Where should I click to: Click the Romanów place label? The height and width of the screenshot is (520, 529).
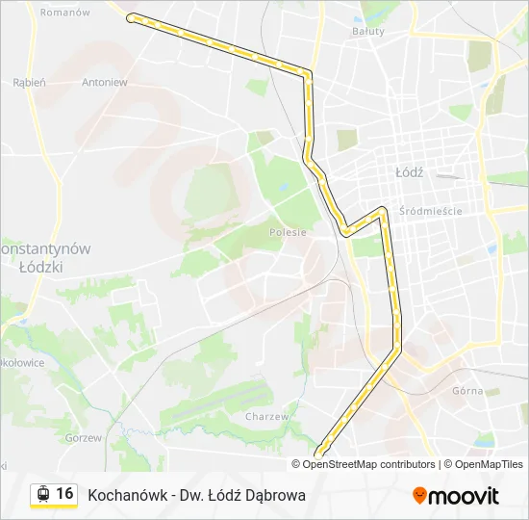pos(65,13)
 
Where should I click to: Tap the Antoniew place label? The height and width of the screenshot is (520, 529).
pos(105,82)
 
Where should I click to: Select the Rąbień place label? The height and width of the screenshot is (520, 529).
pos(29,82)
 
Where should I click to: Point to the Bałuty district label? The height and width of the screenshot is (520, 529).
pos(367,31)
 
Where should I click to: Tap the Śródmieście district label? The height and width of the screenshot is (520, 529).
pos(432,211)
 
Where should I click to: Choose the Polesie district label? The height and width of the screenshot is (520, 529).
pos(289,232)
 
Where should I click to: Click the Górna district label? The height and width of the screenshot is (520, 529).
pos(467,391)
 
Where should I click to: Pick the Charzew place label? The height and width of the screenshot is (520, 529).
pos(266,417)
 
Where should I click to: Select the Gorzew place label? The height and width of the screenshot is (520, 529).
pos(83,437)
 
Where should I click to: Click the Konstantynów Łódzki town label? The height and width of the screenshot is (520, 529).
pos(43,257)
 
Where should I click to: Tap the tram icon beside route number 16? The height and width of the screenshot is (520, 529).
pos(42,494)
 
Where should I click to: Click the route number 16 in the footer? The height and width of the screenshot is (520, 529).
pos(64,494)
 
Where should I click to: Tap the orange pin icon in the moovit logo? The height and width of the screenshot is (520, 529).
pos(419,496)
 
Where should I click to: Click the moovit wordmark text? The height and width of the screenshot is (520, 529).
pos(465,497)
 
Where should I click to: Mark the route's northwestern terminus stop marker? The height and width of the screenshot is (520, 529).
pos(132,17)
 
